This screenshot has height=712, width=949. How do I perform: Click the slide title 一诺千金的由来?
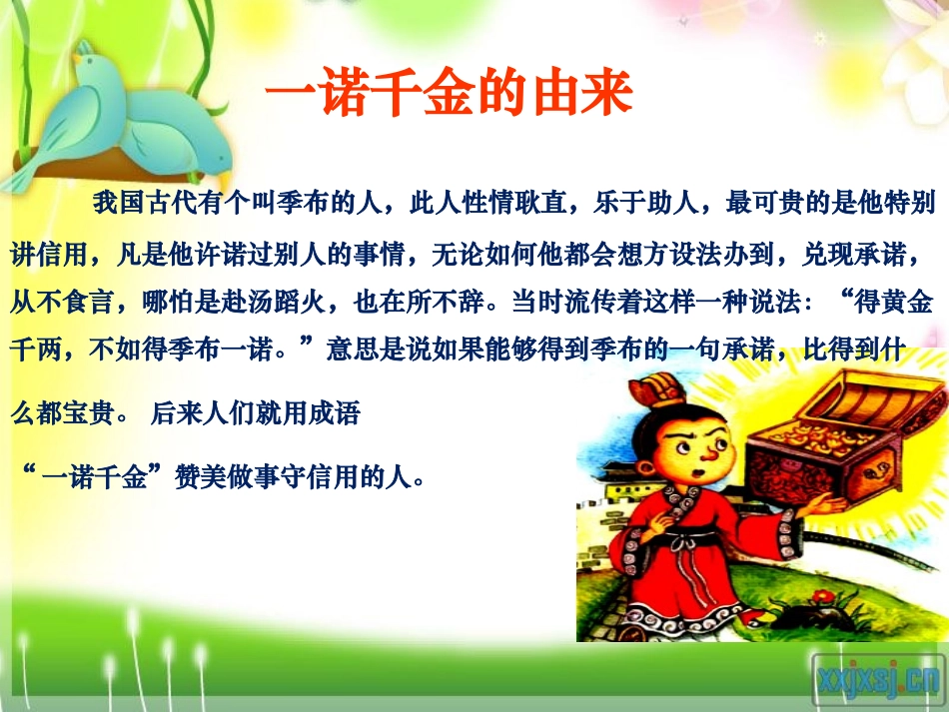(x=449, y=98)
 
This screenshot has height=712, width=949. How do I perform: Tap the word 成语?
(x=335, y=414)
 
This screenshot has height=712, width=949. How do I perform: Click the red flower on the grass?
(x=825, y=596)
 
